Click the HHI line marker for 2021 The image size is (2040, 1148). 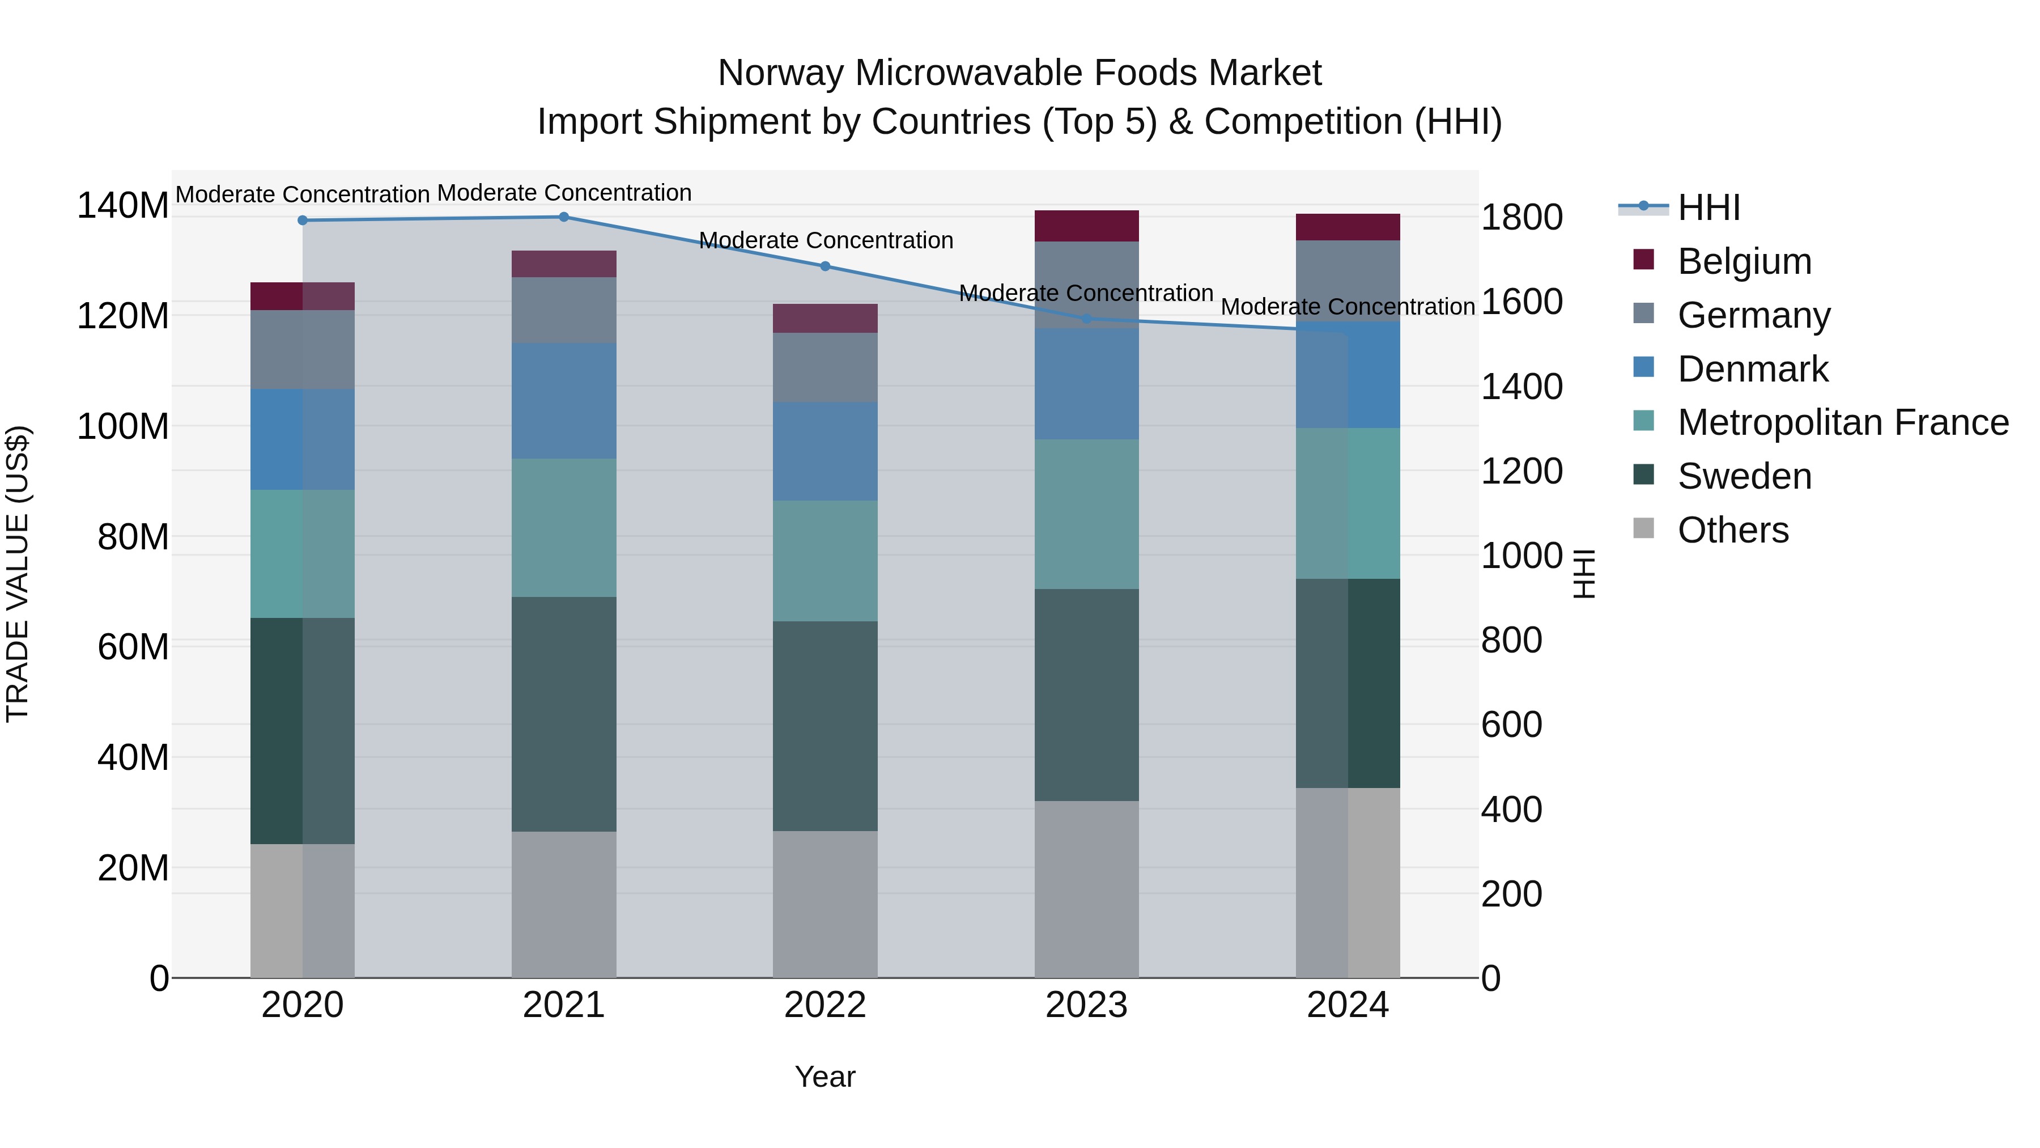[564, 217]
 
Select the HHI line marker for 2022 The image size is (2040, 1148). [825, 266]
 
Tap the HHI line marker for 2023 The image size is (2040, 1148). [1086, 319]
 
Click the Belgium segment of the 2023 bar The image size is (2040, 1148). [1086, 226]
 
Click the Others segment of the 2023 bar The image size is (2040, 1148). [1086, 889]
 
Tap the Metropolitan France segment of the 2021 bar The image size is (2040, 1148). [564, 528]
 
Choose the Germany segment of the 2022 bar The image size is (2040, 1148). [825, 367]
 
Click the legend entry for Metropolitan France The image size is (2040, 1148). [1842, 422]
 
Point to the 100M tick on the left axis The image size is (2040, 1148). [123, 426]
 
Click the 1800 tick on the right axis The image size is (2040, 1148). [1521, 218]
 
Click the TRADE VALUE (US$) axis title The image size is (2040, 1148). [18, 574]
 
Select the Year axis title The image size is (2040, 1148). [825, 1077]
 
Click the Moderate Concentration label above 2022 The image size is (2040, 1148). [825, 240]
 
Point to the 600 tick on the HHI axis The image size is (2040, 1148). [1511, 725]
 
